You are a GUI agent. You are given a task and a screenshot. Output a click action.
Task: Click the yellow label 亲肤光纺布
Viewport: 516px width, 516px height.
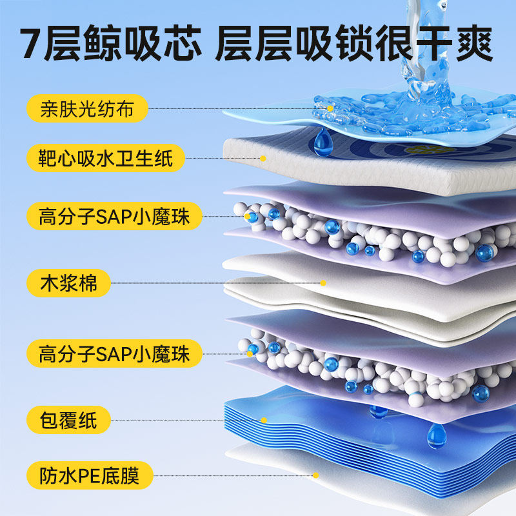[x=86, y=109]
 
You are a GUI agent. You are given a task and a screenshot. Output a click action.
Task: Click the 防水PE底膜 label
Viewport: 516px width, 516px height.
[x=91, y=476]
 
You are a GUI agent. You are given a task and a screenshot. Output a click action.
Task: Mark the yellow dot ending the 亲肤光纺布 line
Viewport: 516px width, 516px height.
[x=330, y=108]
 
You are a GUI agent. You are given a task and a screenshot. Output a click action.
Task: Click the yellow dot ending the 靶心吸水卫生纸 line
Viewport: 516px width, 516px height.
[x=263, y=157]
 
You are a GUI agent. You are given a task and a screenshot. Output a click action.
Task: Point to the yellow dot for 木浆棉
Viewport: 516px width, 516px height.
[x=324, y=283]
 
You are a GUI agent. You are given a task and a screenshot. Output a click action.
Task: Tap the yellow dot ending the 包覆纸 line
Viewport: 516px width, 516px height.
[x=263, y=421]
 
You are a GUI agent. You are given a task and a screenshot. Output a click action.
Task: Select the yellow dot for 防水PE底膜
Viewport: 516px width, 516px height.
[x=315, y=476]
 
